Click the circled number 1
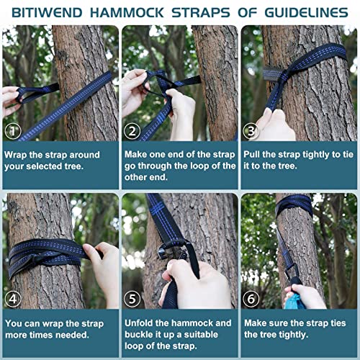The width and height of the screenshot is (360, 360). (x=12, y=130)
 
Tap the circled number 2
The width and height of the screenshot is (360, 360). (x=132, y=130)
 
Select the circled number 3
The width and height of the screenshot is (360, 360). (x=251, y=130)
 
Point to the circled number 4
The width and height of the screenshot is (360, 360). (x=12, y=297)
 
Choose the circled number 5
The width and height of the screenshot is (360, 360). (x=132, y=297)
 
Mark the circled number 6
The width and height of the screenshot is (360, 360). (x=251, y=297)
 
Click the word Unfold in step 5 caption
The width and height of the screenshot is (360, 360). (x=143, y=323)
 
